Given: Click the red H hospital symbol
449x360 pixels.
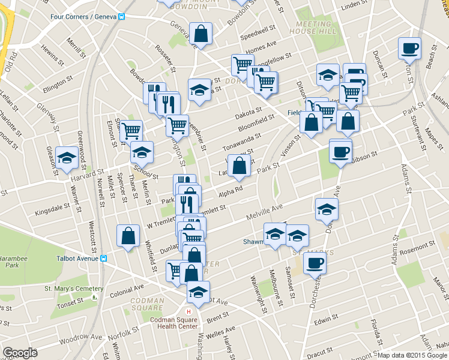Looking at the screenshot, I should (189, 312).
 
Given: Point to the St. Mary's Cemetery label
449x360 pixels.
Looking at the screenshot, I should (67, 289).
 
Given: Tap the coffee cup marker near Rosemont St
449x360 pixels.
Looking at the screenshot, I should (315, 262).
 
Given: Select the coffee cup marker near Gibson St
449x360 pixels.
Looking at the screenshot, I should (340, 150).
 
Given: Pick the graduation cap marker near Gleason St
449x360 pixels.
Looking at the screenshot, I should (66, 158).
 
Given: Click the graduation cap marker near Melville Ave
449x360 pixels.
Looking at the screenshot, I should (326, 209).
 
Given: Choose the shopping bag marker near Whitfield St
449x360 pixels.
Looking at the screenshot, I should (128, 236).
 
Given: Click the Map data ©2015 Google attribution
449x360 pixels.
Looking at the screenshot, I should (412, 355).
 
